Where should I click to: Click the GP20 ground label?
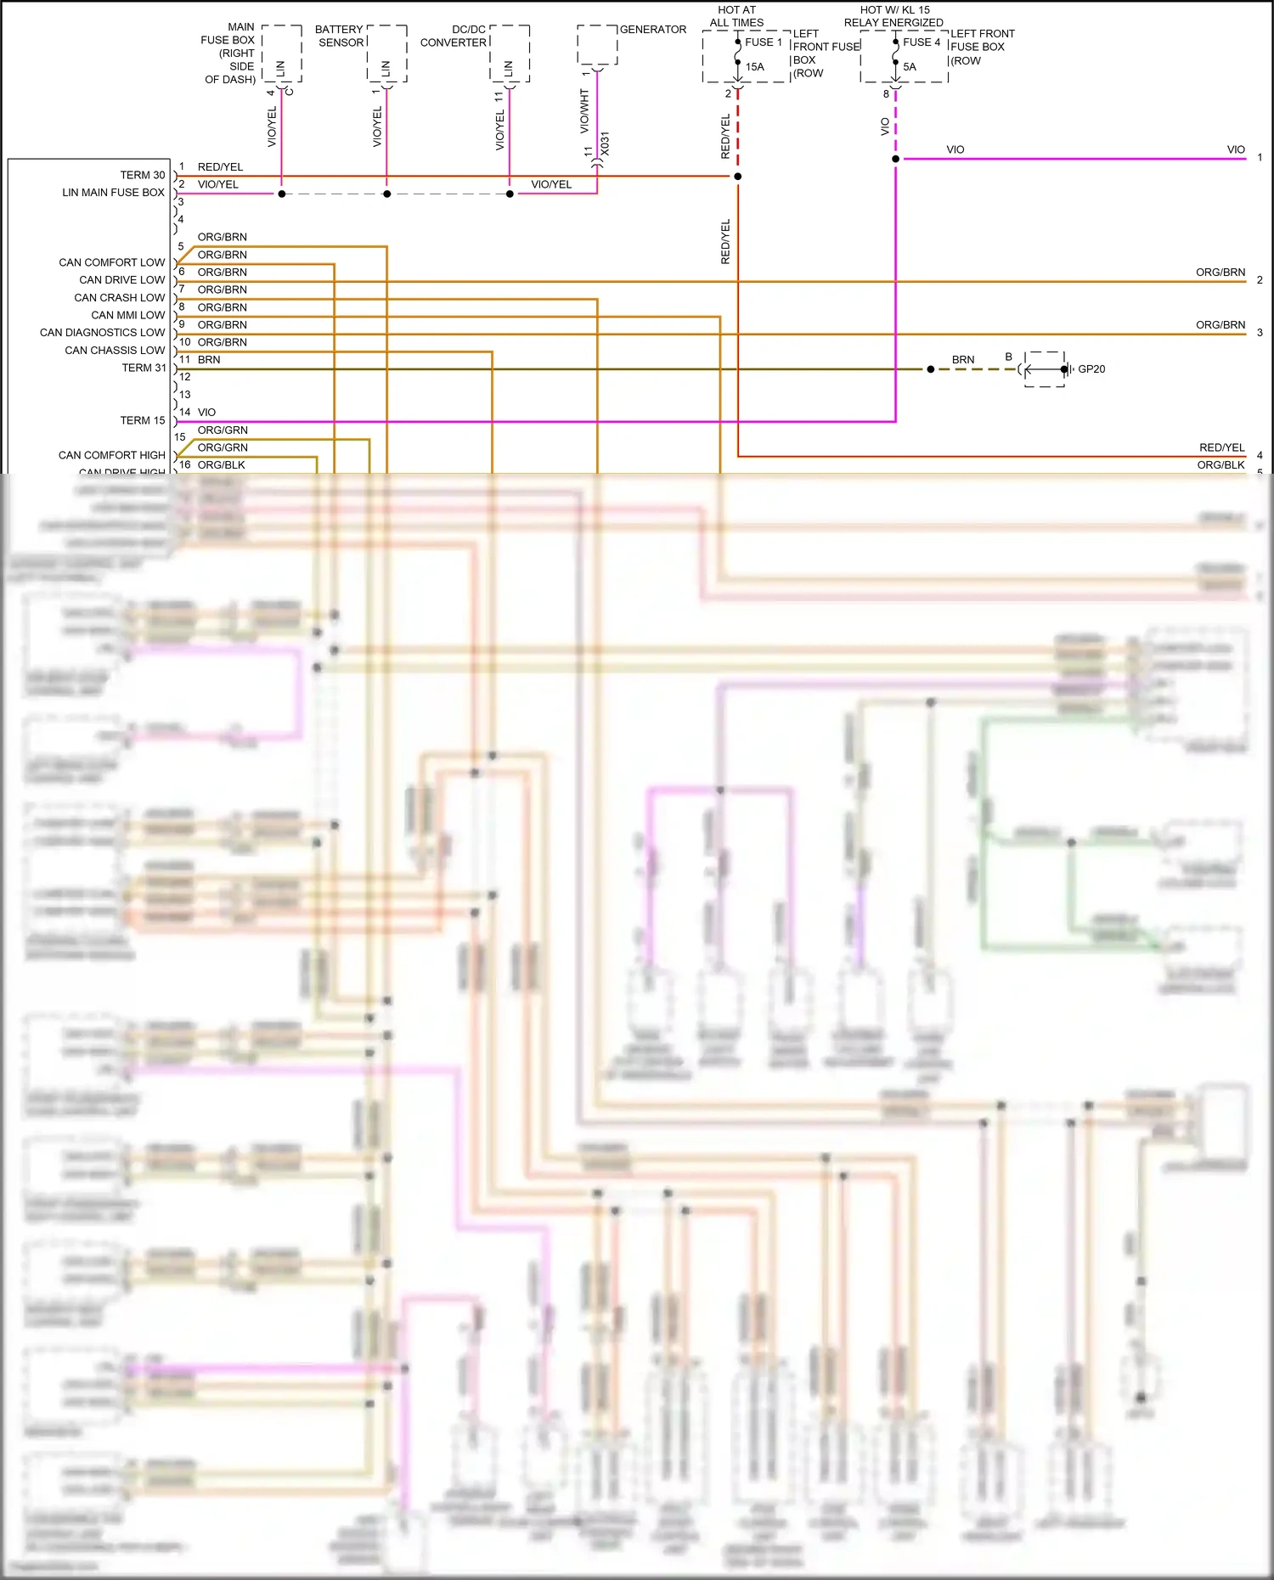click(1091, 369)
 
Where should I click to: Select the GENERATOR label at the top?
click(652, 30)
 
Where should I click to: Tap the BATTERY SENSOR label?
click(340, 36)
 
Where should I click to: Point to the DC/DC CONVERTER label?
click(454, 36)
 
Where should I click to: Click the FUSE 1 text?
click(763, 42)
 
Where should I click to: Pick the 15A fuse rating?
click(754, 67)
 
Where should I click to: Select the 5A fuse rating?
click(910, 67)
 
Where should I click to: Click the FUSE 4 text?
click(922, 42)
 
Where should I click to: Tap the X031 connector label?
click(605, 143)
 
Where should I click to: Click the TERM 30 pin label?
click(142, 175)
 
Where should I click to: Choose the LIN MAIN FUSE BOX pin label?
click(113, 193)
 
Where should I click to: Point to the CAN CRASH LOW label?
click(119, 298)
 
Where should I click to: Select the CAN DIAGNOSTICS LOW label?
click(102, 333)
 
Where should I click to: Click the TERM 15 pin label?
click(142, 421)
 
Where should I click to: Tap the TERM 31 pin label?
click(143, 368)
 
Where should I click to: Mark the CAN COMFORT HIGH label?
click(111, 456)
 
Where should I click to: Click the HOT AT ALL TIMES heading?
click(736, 16)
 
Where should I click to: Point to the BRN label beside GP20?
click(963, 360)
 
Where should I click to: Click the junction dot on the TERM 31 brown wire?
click(931, 369)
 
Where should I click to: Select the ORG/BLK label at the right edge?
click(1220, 465)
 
